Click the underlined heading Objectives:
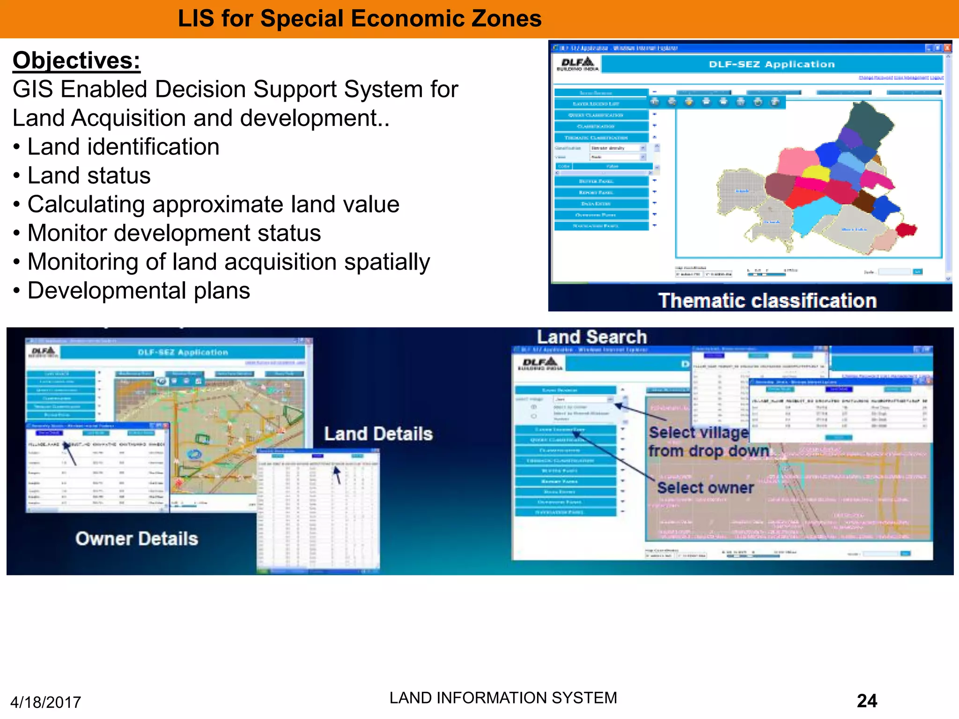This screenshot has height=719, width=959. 76,60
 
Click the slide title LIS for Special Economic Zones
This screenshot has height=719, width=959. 359,19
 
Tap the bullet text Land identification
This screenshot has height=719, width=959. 123,147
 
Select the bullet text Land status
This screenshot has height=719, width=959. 89,176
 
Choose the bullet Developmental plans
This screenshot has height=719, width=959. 139,291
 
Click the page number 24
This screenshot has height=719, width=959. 867,701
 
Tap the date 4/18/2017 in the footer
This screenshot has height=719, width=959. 45,702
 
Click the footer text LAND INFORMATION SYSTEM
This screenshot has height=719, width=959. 503,698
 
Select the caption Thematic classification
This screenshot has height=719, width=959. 767,301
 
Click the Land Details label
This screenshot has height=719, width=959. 378,434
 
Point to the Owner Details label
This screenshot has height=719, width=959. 137,539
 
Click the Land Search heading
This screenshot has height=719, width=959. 591,337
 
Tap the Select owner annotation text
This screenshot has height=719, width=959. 705,488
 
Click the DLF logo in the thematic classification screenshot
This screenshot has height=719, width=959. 577,64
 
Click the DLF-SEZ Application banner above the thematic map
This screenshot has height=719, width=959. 772,64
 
